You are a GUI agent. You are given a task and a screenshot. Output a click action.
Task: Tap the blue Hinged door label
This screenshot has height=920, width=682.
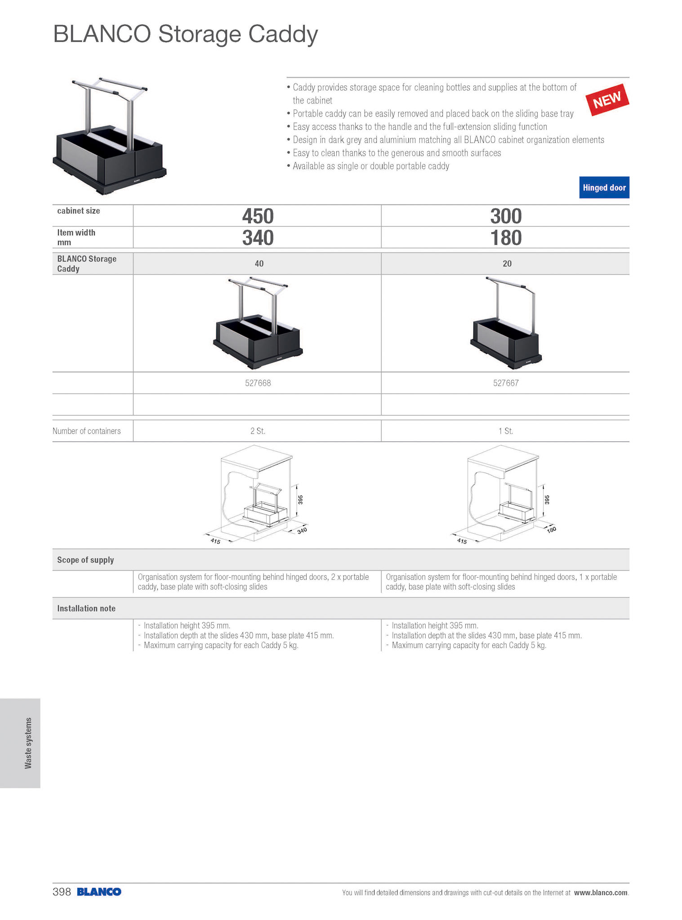click(604, 188)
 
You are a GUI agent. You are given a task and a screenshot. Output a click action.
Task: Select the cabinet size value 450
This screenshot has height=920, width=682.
click(258, 216)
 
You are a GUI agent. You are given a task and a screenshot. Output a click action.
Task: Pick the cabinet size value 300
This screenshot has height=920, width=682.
click(506, 216)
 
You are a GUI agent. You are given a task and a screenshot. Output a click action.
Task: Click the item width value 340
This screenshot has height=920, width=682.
click(258, 238)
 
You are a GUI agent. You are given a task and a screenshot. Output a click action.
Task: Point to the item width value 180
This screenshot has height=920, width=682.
click(506, 238)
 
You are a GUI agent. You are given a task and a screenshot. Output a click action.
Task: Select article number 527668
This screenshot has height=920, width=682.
click(258, 383)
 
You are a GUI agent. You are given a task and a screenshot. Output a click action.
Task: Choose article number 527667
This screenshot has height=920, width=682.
click(506, 383)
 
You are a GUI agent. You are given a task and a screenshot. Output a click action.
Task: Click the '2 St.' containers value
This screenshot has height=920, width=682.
click(258, 431)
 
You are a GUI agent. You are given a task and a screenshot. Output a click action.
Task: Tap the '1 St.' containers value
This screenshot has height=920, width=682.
click(506, 431)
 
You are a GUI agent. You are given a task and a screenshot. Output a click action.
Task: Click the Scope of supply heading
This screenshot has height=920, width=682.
click(85, 560)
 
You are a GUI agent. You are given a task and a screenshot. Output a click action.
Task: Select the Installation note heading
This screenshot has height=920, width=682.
click(86, 609)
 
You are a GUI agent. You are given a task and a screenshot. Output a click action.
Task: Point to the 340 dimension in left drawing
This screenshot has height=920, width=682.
click(302, 531)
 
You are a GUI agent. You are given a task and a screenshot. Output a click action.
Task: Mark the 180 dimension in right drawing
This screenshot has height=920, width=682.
click(551, 530)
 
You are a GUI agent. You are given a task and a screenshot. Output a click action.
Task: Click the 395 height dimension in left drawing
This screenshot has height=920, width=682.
click(301, 500)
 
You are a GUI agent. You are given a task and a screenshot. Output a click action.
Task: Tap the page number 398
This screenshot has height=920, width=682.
click(62, 892)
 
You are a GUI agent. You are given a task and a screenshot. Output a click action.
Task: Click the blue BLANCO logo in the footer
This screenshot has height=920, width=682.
click(99, 892)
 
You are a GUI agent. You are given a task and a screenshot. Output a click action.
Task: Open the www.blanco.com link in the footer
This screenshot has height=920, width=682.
click(601, 893)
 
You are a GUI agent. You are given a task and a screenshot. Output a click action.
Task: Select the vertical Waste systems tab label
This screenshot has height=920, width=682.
click(28, 743)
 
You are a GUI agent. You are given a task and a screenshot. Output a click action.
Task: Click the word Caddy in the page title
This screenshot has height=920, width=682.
click(283, 35)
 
